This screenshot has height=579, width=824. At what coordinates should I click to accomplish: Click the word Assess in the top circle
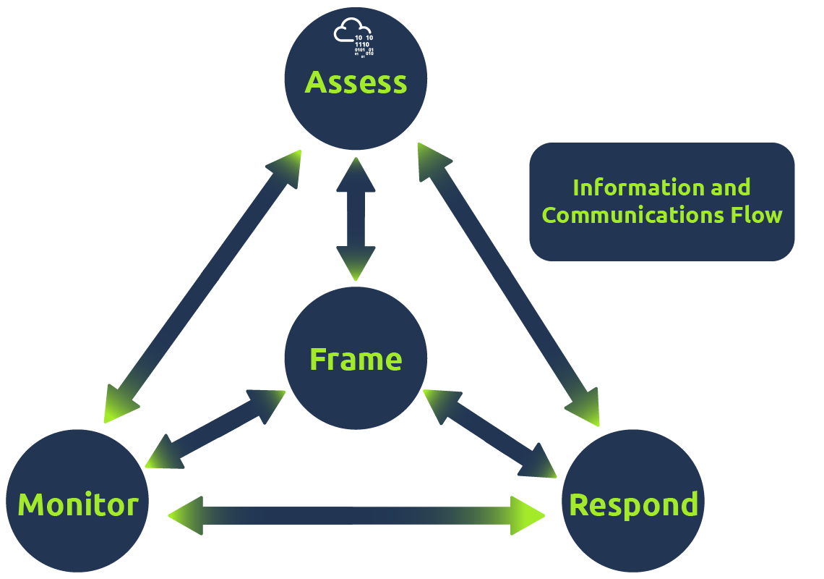click(356, 83)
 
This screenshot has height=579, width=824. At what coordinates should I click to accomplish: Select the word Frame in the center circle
click(356, 359)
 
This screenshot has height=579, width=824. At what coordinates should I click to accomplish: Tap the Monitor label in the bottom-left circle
click(77, 504)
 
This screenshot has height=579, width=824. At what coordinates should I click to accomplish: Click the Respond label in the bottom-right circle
click(633, 504)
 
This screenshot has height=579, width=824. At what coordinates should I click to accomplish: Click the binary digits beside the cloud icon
click(364, 46)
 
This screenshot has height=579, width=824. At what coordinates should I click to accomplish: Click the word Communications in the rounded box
click(630, 215)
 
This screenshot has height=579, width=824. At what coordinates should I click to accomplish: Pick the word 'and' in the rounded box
click(730, 187)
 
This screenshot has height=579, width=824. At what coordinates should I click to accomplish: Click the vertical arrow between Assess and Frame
click(356, 217)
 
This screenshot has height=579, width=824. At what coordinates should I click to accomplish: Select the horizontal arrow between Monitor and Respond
click(356, 515)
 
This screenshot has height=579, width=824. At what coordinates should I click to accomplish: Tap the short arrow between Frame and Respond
click(490, 433)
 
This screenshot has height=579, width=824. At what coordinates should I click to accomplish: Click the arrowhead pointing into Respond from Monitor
click(526, 515)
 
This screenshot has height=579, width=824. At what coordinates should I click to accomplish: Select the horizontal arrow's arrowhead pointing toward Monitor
click(186, 515)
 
